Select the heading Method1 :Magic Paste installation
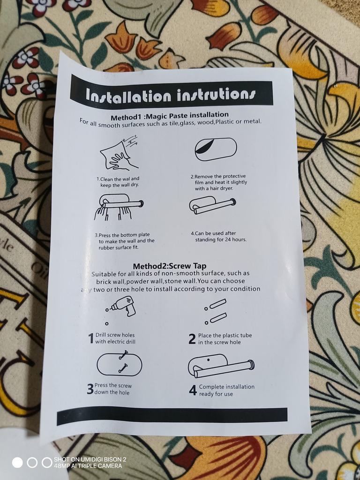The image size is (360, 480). click(x=170, y=116)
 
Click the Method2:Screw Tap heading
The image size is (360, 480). click(x=170, y=266)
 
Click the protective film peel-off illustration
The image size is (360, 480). click(x=216, y=149)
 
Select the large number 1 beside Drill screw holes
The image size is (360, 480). click(x=91, y=338)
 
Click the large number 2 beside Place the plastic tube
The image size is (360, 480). click(x=192, y=339)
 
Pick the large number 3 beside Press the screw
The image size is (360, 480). click(x=90, y=389)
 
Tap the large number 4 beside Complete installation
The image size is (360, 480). click(x=193, y=390)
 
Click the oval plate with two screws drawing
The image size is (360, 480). click(x=120, y=364)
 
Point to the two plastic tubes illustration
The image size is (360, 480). click(x=216, y=312)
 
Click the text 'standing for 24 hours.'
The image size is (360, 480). click(x=221, y=240)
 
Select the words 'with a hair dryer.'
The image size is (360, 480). click(x=214, y=188)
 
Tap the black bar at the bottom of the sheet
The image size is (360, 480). click(x=172, y=416)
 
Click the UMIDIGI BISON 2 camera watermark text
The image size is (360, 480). click(x=90, y=459)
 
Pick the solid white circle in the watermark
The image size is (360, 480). click(x=17, y=463)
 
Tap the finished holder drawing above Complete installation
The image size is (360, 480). click(x=221, y=366)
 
